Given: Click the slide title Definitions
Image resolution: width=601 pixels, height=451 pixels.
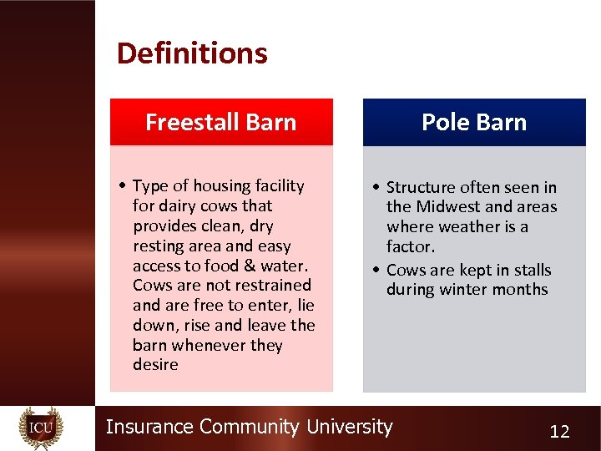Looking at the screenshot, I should pos(192,53).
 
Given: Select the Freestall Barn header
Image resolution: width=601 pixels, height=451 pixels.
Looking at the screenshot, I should pos(221,122).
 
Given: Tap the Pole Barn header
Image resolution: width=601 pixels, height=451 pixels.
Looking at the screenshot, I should pos(474,122).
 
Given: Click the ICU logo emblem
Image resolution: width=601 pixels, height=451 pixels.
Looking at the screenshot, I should pos(41,428).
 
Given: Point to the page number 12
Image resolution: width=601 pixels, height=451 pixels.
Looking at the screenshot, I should pos(559,431).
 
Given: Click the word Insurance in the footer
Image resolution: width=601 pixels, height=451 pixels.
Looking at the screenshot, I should pos(149,427).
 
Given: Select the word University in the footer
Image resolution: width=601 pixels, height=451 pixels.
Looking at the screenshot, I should pos(349,427).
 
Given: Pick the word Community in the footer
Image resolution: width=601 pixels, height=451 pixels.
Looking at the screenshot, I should pos(249,427).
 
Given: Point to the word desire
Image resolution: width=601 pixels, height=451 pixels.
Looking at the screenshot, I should pos(155,365).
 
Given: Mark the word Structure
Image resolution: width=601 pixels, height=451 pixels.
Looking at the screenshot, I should pos(424,187).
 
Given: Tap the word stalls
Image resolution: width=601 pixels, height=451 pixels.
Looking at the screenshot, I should pos(532,270).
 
